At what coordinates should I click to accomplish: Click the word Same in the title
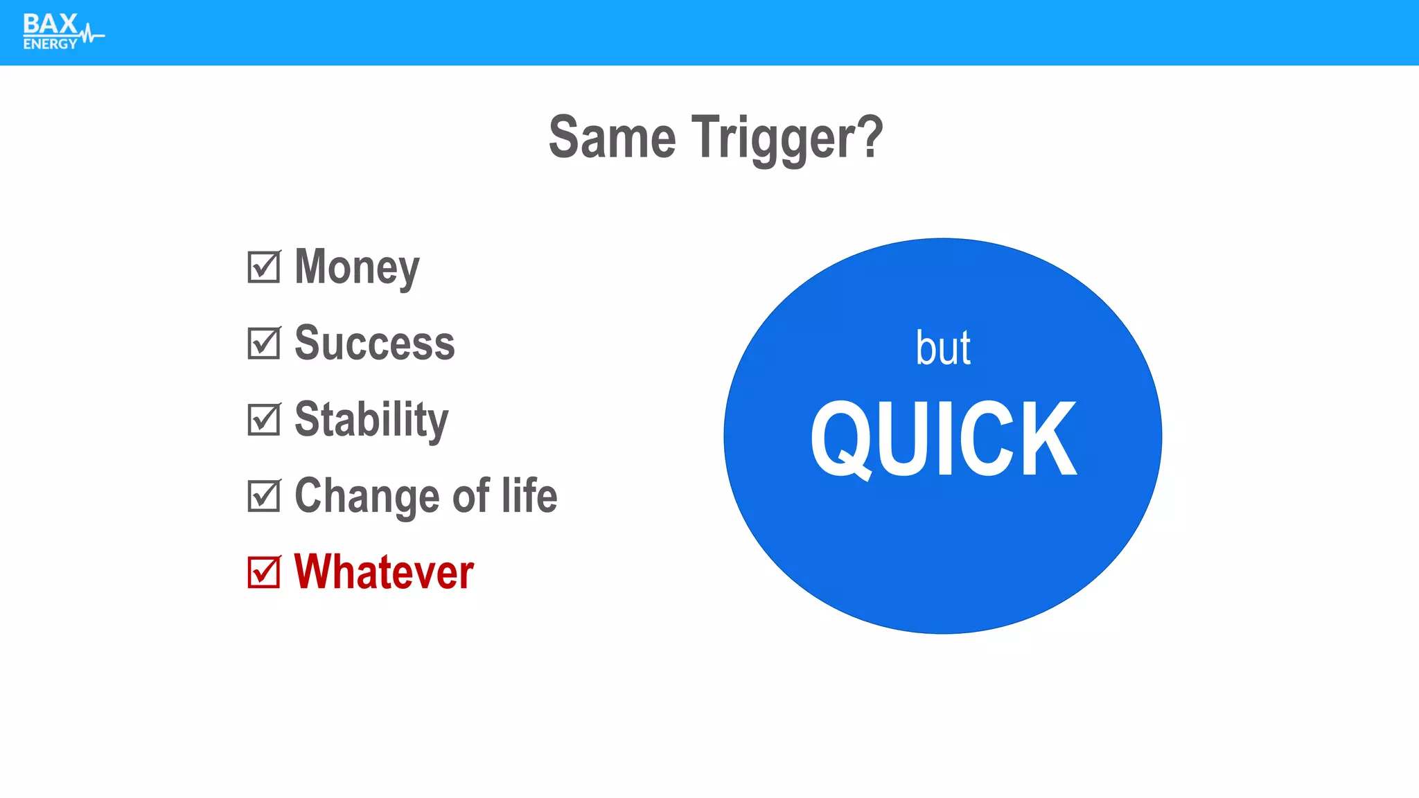pos(612,138)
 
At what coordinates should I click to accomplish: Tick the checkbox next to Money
pos(264,267)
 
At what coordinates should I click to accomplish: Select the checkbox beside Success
pos(264,344)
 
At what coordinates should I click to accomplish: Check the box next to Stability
pos(264,420)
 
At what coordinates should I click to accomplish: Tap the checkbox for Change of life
pos(264,496)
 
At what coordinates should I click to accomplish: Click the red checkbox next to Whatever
pos(264,572)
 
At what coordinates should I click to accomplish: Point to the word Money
pos(357,268)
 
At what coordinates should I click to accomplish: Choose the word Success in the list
pos(374,343)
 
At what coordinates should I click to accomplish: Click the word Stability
pos(371,420)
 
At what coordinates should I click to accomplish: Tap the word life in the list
pos(529,495)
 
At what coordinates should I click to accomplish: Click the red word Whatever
pos(384,572)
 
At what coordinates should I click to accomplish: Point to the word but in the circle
pos(942,348)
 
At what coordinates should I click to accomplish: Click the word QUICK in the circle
pos(944,439)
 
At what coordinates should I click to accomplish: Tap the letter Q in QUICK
pos(840,441)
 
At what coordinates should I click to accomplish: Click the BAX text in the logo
pos(50,24)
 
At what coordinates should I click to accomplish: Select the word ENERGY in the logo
pos(50,44)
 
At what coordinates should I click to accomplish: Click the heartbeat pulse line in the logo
pos(91,34)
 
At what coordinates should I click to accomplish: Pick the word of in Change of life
pos(471,496)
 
